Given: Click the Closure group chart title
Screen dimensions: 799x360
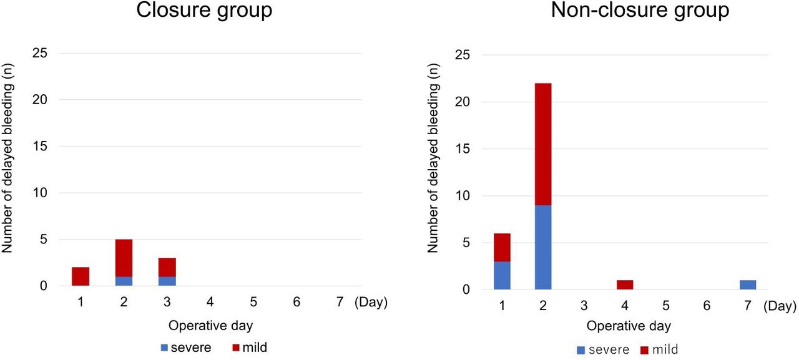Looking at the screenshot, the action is point(204,11).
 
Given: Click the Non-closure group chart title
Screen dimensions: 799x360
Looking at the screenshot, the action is point(640,11).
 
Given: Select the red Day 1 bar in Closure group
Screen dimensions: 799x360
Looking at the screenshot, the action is point(81,276).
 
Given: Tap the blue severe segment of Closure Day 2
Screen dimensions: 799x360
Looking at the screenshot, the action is point(124,281).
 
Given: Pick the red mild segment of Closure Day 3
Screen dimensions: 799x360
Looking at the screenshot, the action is point(167,267).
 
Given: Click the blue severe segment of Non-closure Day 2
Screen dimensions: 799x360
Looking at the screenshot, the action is point(543,247).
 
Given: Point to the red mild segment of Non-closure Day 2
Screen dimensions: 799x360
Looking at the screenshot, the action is point(543,144).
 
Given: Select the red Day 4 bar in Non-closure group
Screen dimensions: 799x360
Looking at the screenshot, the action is point(625,285).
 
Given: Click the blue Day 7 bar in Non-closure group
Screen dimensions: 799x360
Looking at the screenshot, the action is point(748,285).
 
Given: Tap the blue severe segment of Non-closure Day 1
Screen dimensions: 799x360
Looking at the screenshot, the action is point(502,276).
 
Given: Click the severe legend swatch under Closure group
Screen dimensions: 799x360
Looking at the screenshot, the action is point(164,348).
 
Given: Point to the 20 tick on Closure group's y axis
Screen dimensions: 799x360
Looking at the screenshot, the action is point(39,99).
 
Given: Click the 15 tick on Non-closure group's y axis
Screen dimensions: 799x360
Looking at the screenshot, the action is point(463,148).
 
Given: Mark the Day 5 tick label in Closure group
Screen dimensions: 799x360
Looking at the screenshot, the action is point(253,302).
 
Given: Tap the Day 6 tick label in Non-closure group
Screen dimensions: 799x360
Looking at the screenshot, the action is point(707,306).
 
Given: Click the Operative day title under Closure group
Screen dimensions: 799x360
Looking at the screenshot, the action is point(210,326).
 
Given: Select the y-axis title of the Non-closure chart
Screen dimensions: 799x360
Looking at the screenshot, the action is point(433,158).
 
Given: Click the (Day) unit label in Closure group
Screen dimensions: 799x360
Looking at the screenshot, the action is point(371,302).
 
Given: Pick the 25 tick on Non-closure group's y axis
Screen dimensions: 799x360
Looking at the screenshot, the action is point(463,55).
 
